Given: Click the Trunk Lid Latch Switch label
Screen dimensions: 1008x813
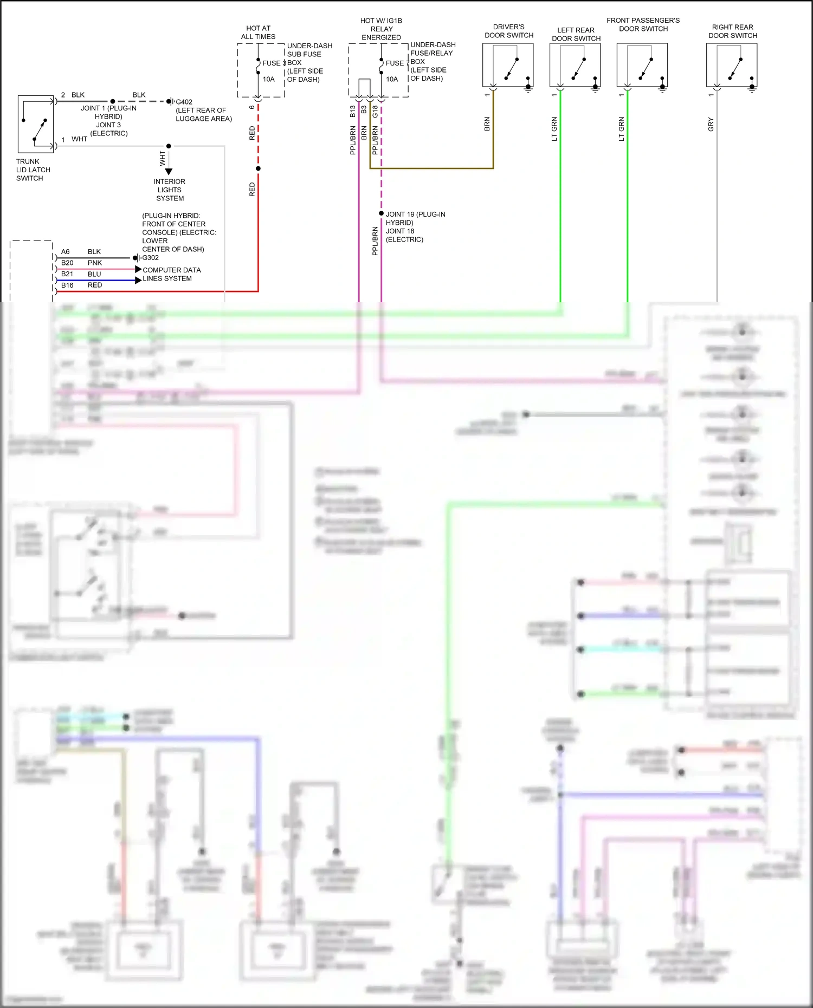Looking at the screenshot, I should click(x=33, y=170).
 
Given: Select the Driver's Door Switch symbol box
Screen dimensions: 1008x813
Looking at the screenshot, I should click(x=508, y=65).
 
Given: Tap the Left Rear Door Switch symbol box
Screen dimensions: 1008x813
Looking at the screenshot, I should click(x=575, y=65).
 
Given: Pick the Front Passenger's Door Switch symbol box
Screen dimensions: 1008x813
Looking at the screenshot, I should click(x=642, y=65).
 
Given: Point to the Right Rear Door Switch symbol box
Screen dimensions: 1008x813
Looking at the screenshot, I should click(x=732, y=65).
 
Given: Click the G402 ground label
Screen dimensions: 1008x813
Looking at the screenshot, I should click(x=184, y=102).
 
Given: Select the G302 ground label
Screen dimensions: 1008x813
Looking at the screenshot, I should click(x=150, y=258).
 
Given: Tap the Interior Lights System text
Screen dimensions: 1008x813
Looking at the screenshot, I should click(x=170, y=190).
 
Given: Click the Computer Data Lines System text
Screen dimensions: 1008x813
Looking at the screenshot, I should click(x=171, y=274).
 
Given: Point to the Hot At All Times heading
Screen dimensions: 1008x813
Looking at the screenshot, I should click(x=258, y=32).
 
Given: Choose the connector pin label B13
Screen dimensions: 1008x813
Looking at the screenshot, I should click(x=353, y=112).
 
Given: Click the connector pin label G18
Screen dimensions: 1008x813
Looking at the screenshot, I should click(x=375, y=112).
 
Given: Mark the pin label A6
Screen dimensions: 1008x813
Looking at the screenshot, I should click(x=66, y=252).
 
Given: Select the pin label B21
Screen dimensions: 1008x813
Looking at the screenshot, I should click(x=67, y=274).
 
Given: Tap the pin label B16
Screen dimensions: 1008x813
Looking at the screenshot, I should click(x=67, y=285).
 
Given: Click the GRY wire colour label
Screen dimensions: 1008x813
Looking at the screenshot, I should click(x=711, y=125).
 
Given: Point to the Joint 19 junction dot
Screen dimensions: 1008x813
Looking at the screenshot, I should click(x=382, y=213).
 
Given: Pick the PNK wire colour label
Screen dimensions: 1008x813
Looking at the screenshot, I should click(x=95, y=263).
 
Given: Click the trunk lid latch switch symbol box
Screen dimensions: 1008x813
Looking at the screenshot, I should click(x=36, y=124).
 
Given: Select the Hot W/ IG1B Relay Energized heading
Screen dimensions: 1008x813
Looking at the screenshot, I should click(x=382, y=29).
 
